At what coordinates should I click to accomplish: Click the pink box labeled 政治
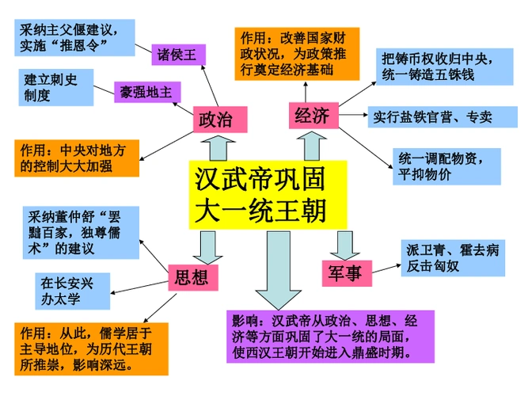pyautogui.click(x=215, y=120)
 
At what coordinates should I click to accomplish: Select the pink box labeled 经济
pyautogui.click(x=311, y=116)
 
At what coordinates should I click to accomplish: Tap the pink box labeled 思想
pyautogui.click(x=191, y=276)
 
